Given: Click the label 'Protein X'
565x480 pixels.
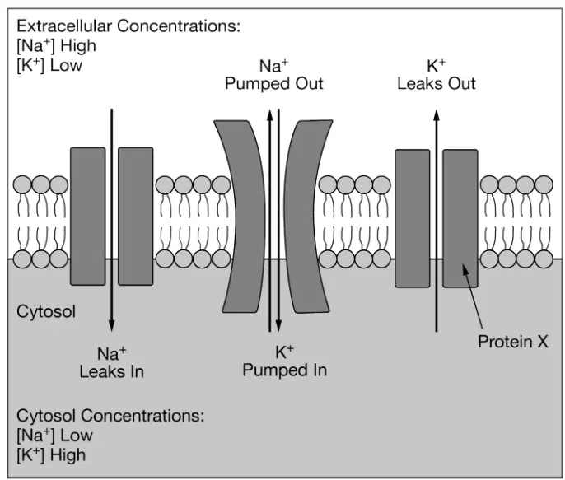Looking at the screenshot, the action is [513, 342].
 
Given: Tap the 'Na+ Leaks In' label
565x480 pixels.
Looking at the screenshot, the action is [112, 362].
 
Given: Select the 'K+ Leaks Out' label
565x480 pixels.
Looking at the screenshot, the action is [437, 75].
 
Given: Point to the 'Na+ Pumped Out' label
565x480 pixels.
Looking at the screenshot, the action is [273, 75].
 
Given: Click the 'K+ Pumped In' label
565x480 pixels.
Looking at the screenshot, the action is [285, 361].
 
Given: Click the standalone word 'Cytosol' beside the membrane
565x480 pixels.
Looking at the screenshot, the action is [46, 311].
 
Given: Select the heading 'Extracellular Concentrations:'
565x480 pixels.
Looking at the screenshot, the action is [128, 26].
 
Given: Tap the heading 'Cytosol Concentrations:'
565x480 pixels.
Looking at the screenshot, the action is [110, 416].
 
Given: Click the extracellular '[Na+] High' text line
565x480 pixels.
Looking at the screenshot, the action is [57, 46].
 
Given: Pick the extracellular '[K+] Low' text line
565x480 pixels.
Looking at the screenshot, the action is [49, 66].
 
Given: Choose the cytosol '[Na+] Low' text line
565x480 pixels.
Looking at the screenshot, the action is [54, 436].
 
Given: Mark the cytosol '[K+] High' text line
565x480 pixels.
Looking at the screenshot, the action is [51, 455].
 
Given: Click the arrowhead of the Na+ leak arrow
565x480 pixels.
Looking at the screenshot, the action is [112, 325].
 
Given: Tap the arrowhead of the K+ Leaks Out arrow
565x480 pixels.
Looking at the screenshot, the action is [437, 115].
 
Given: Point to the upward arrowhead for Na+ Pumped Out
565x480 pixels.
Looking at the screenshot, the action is [269, 115].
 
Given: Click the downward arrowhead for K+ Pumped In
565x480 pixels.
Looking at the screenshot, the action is [278, 325].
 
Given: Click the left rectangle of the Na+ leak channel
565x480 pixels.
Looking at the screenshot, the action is [88, 216].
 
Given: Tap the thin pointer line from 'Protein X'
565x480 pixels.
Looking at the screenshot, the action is [473, 296].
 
